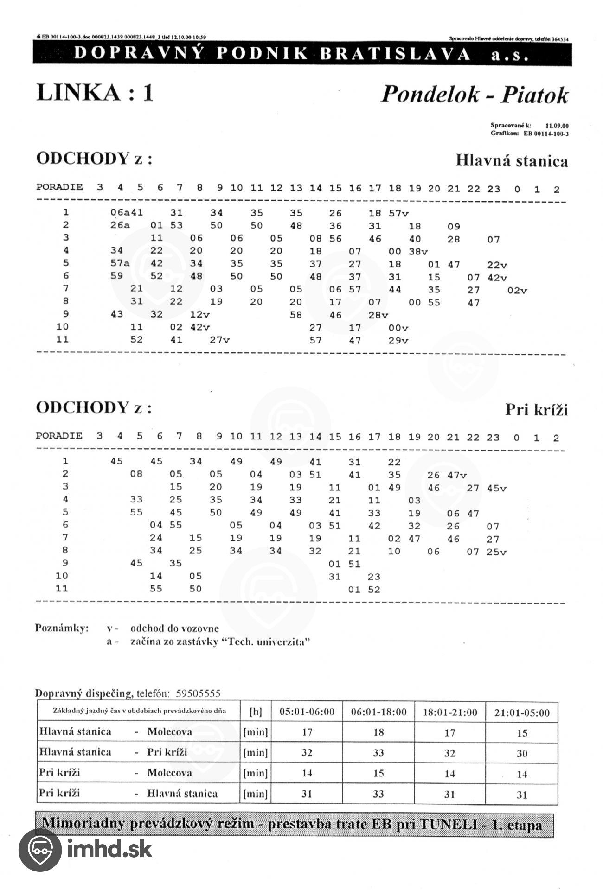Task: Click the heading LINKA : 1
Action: point(95,92)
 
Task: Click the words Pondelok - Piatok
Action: point(474,95)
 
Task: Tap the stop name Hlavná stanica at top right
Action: point(511,161)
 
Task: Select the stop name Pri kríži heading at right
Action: point(536,410)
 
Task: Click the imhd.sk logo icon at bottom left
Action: point(40,850)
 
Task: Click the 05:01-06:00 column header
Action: point(307,712)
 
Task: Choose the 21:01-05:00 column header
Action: point(522,712)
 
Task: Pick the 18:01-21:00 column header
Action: point(449,712)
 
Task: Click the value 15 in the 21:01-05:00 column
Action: point(522,733)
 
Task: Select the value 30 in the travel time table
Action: point(522,753)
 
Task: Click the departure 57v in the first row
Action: point(398,214)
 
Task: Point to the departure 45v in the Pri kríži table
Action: point(496,488)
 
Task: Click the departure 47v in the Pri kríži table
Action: point(457,475)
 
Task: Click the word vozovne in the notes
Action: point(199,629)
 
